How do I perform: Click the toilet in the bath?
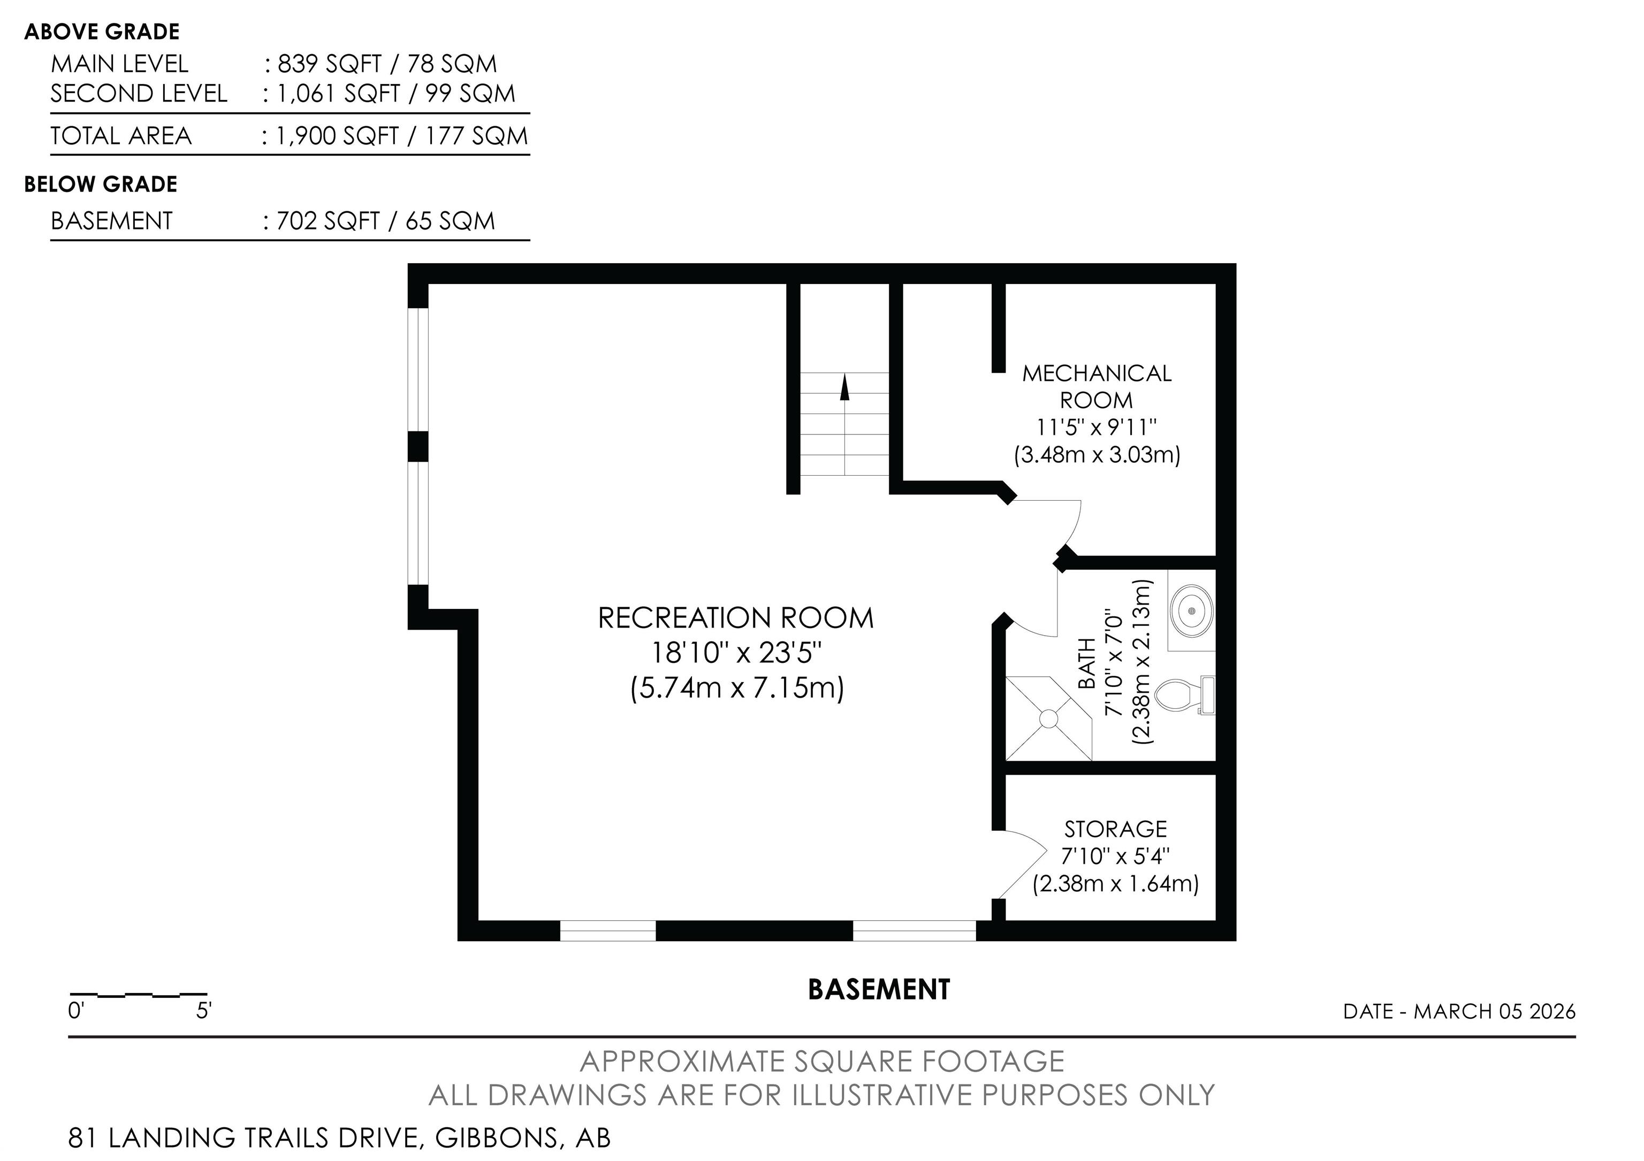pyautogui.click(x=1185, y=695)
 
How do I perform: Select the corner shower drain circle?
pyautogui.click(x=1048, y=718)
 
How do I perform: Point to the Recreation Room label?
pyautogui.click(x=736, y=618)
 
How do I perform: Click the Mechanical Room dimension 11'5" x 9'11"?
pyautogui.click(x=1097, y=427)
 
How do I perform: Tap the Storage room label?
pyautogui.click(x=1116, y=829)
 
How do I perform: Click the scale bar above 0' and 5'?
pyautogui.click(x=138, y=995)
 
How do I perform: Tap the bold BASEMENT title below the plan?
pyautogui.click(x=879, y=989)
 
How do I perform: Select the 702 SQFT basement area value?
pyautogui.click(x=328, y=220)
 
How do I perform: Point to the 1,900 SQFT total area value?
pyautogui.click(x=337, y=136)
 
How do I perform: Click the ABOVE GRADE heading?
pyautogui.click(x=102, y=32)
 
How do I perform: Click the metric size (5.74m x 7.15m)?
pyautogui.click(x=737, y=688)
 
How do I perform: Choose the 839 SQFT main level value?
pyautogui.click(x=329, y=64)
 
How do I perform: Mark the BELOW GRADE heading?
pyautogui.click(x=101, y=185)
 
